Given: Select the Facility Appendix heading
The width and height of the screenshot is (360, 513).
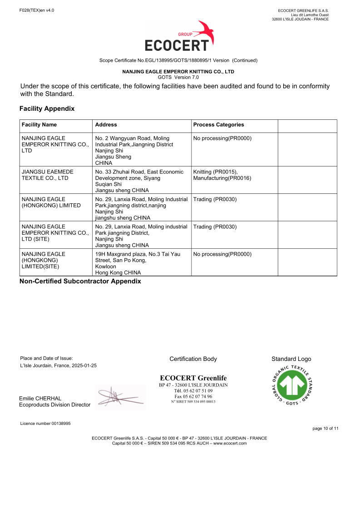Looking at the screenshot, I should click(47, 109).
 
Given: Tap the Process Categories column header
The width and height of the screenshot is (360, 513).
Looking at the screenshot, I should click(218, 125).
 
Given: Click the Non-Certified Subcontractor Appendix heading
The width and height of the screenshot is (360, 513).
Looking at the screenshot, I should click(80, 281).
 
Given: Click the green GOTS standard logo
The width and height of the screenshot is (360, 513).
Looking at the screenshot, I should click(291, 386).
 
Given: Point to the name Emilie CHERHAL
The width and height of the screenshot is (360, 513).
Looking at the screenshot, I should click(40, 399).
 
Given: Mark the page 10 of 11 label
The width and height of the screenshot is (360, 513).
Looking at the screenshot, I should click(325, 429).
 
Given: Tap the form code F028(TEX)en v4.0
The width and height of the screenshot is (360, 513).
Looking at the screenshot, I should click(37, 10).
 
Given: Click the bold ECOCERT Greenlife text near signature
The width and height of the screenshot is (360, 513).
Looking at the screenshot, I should click(193, 378).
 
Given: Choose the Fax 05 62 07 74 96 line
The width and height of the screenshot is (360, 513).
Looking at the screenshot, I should click(193, 396).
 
